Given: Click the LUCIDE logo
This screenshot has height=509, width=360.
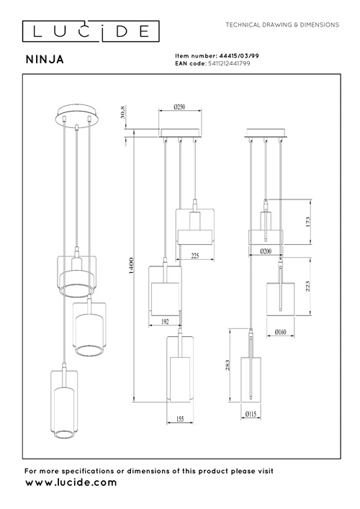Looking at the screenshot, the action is pos(91,31).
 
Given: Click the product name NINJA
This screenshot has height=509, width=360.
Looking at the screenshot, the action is pos(45,60).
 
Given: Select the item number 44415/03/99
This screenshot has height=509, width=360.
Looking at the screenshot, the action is pos(239,56).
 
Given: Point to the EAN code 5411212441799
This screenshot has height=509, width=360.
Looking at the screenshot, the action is pos(229,63).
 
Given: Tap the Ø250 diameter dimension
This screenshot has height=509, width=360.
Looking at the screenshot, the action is pos(179,107).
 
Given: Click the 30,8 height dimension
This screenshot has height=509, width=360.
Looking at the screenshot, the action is pos(122,112).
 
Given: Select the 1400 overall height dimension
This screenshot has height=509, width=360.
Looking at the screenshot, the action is pos(131,266).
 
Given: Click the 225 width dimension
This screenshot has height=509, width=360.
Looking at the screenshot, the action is pos(195,256).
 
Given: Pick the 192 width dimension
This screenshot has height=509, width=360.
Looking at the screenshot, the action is pos(165,322).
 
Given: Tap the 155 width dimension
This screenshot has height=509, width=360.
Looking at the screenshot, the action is pos(180,419).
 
